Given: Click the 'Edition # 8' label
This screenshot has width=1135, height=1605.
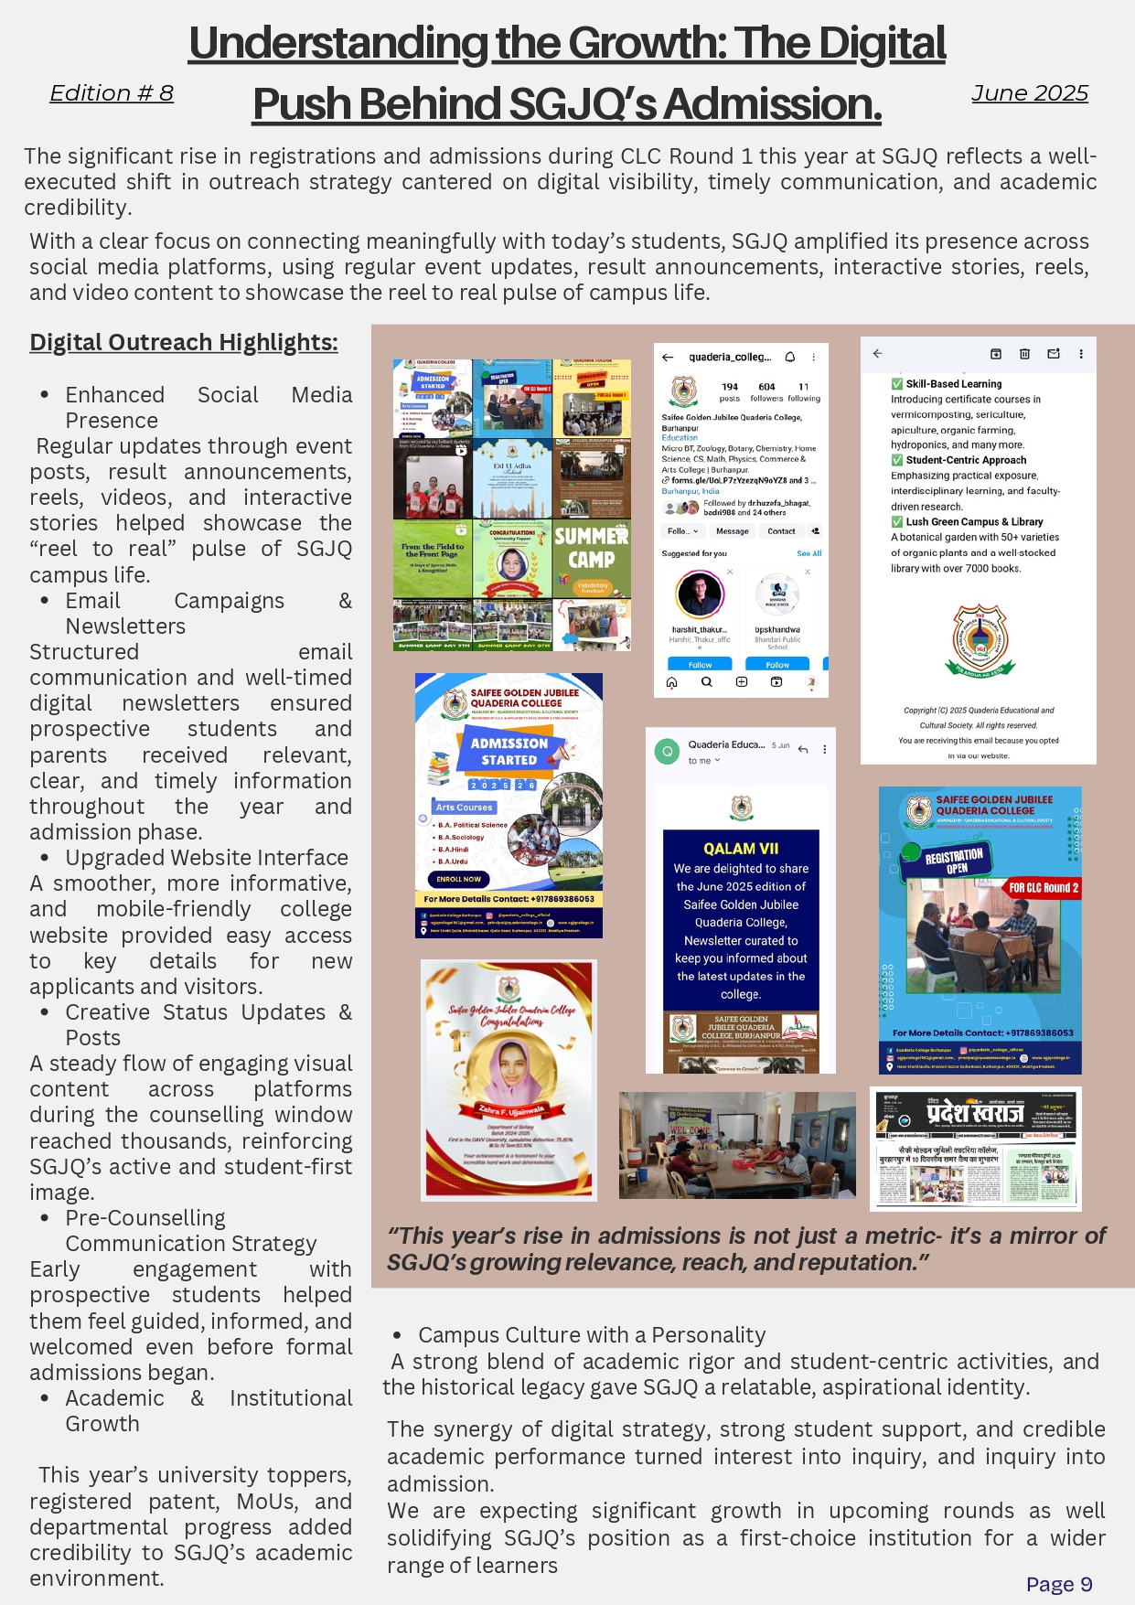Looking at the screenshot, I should [111, 93].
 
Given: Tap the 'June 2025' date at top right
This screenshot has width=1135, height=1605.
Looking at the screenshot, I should [1029, 93].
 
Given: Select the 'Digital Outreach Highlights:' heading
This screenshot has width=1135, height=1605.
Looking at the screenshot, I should [183, 342].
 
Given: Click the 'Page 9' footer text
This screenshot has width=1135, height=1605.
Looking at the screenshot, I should [1058, 1584].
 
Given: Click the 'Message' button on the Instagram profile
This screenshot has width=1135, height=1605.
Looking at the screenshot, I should [732, 531].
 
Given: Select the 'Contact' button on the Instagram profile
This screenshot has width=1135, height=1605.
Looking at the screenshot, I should [781, 531].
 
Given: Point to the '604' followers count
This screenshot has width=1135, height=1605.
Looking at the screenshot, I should [766, 388].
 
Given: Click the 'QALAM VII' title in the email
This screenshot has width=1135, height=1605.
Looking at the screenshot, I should [741, 849].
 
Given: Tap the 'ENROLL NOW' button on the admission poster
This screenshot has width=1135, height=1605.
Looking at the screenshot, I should [458, 879].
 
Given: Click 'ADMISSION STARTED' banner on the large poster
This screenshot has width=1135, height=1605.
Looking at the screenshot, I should [509, 751].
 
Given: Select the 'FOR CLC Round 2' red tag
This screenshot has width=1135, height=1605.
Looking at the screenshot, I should [1044, 888].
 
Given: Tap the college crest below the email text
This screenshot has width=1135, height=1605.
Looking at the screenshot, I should [980, 637].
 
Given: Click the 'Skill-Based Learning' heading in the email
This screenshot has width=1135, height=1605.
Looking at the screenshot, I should [954, 384].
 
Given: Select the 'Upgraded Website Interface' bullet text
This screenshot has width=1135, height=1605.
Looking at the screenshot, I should [207, 858].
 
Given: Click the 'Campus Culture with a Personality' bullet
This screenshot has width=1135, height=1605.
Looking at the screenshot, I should [592, 1335].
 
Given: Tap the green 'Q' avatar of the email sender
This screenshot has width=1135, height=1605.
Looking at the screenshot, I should [668, 751].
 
